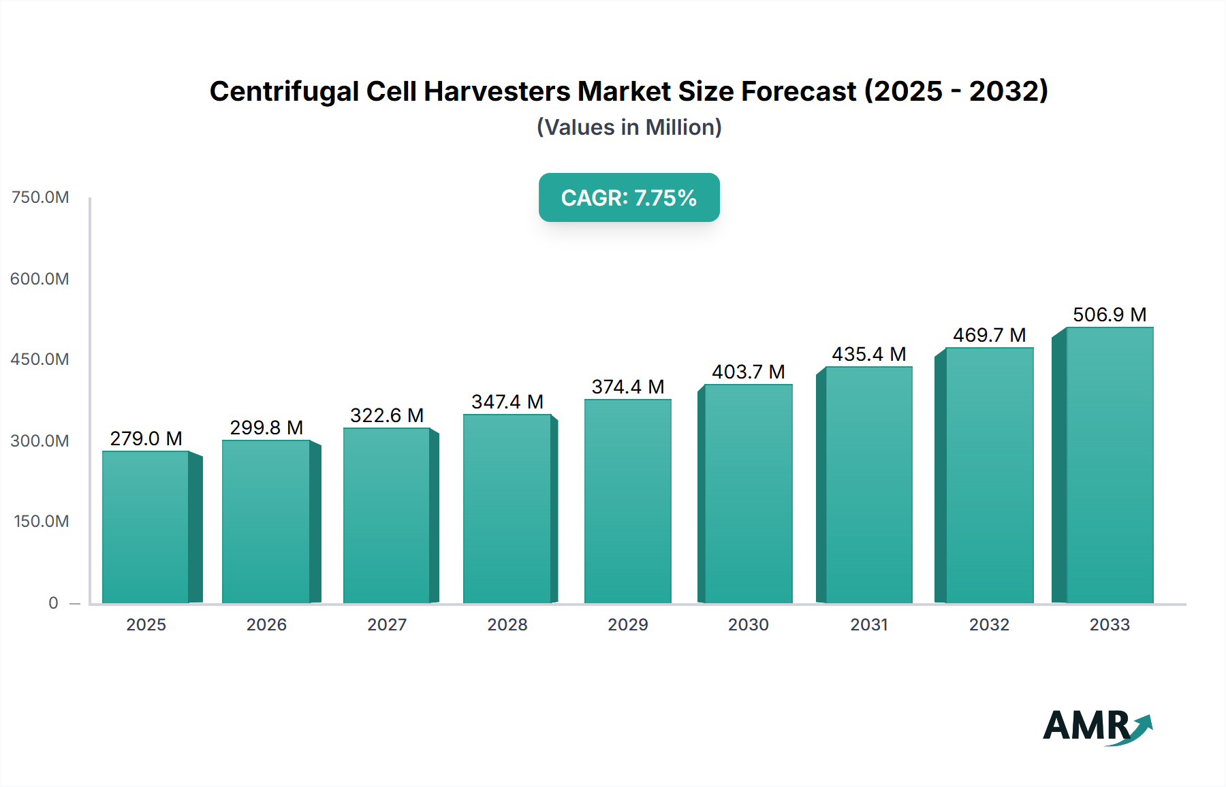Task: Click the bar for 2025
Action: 146,527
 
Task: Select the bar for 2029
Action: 627,501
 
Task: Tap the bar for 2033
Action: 1109,465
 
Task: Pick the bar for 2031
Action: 868,485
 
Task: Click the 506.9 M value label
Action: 1109,315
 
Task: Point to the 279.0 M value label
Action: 146,438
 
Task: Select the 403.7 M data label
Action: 748,372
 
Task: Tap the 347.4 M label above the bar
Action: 507,402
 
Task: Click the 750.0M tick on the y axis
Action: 40,197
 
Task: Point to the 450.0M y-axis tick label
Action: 40,359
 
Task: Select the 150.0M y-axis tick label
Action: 41,521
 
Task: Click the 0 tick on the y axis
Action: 53,603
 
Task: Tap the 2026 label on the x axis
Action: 266,625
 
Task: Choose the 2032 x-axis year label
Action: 989,625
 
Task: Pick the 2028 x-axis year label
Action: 507,625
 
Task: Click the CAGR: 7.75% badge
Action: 629,197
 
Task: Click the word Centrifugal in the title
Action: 283,91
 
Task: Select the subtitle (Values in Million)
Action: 629,127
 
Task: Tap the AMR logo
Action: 1097,726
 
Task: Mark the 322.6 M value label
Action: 386,415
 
